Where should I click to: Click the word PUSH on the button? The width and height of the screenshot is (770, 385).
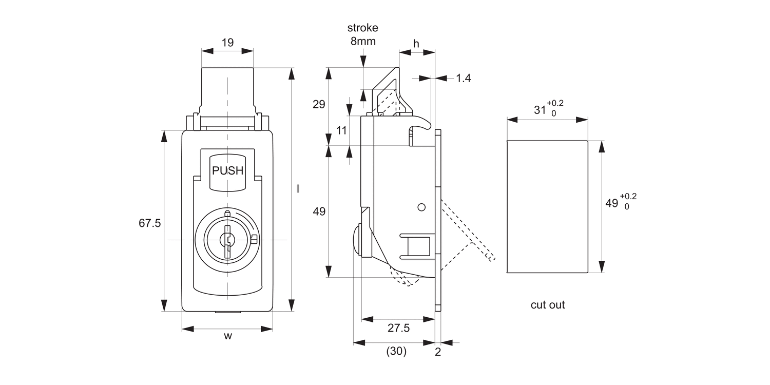227,171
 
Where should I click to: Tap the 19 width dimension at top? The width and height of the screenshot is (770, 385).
227,43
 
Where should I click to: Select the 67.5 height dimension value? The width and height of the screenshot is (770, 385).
150,223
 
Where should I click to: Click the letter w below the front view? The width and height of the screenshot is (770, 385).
228,337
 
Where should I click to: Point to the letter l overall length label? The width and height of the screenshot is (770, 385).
298,189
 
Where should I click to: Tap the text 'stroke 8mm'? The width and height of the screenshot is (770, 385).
363,34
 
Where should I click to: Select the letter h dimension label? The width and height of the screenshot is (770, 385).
416,44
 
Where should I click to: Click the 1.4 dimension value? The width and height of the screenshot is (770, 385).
463,78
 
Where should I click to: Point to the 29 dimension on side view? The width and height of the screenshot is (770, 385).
319,105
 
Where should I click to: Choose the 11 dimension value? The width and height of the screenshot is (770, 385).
341,130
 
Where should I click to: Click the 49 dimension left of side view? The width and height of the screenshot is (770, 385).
319,211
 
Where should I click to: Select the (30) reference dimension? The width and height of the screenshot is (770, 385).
395,352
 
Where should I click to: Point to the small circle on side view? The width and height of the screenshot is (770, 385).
422,207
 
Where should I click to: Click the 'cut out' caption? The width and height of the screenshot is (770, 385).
548,305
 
